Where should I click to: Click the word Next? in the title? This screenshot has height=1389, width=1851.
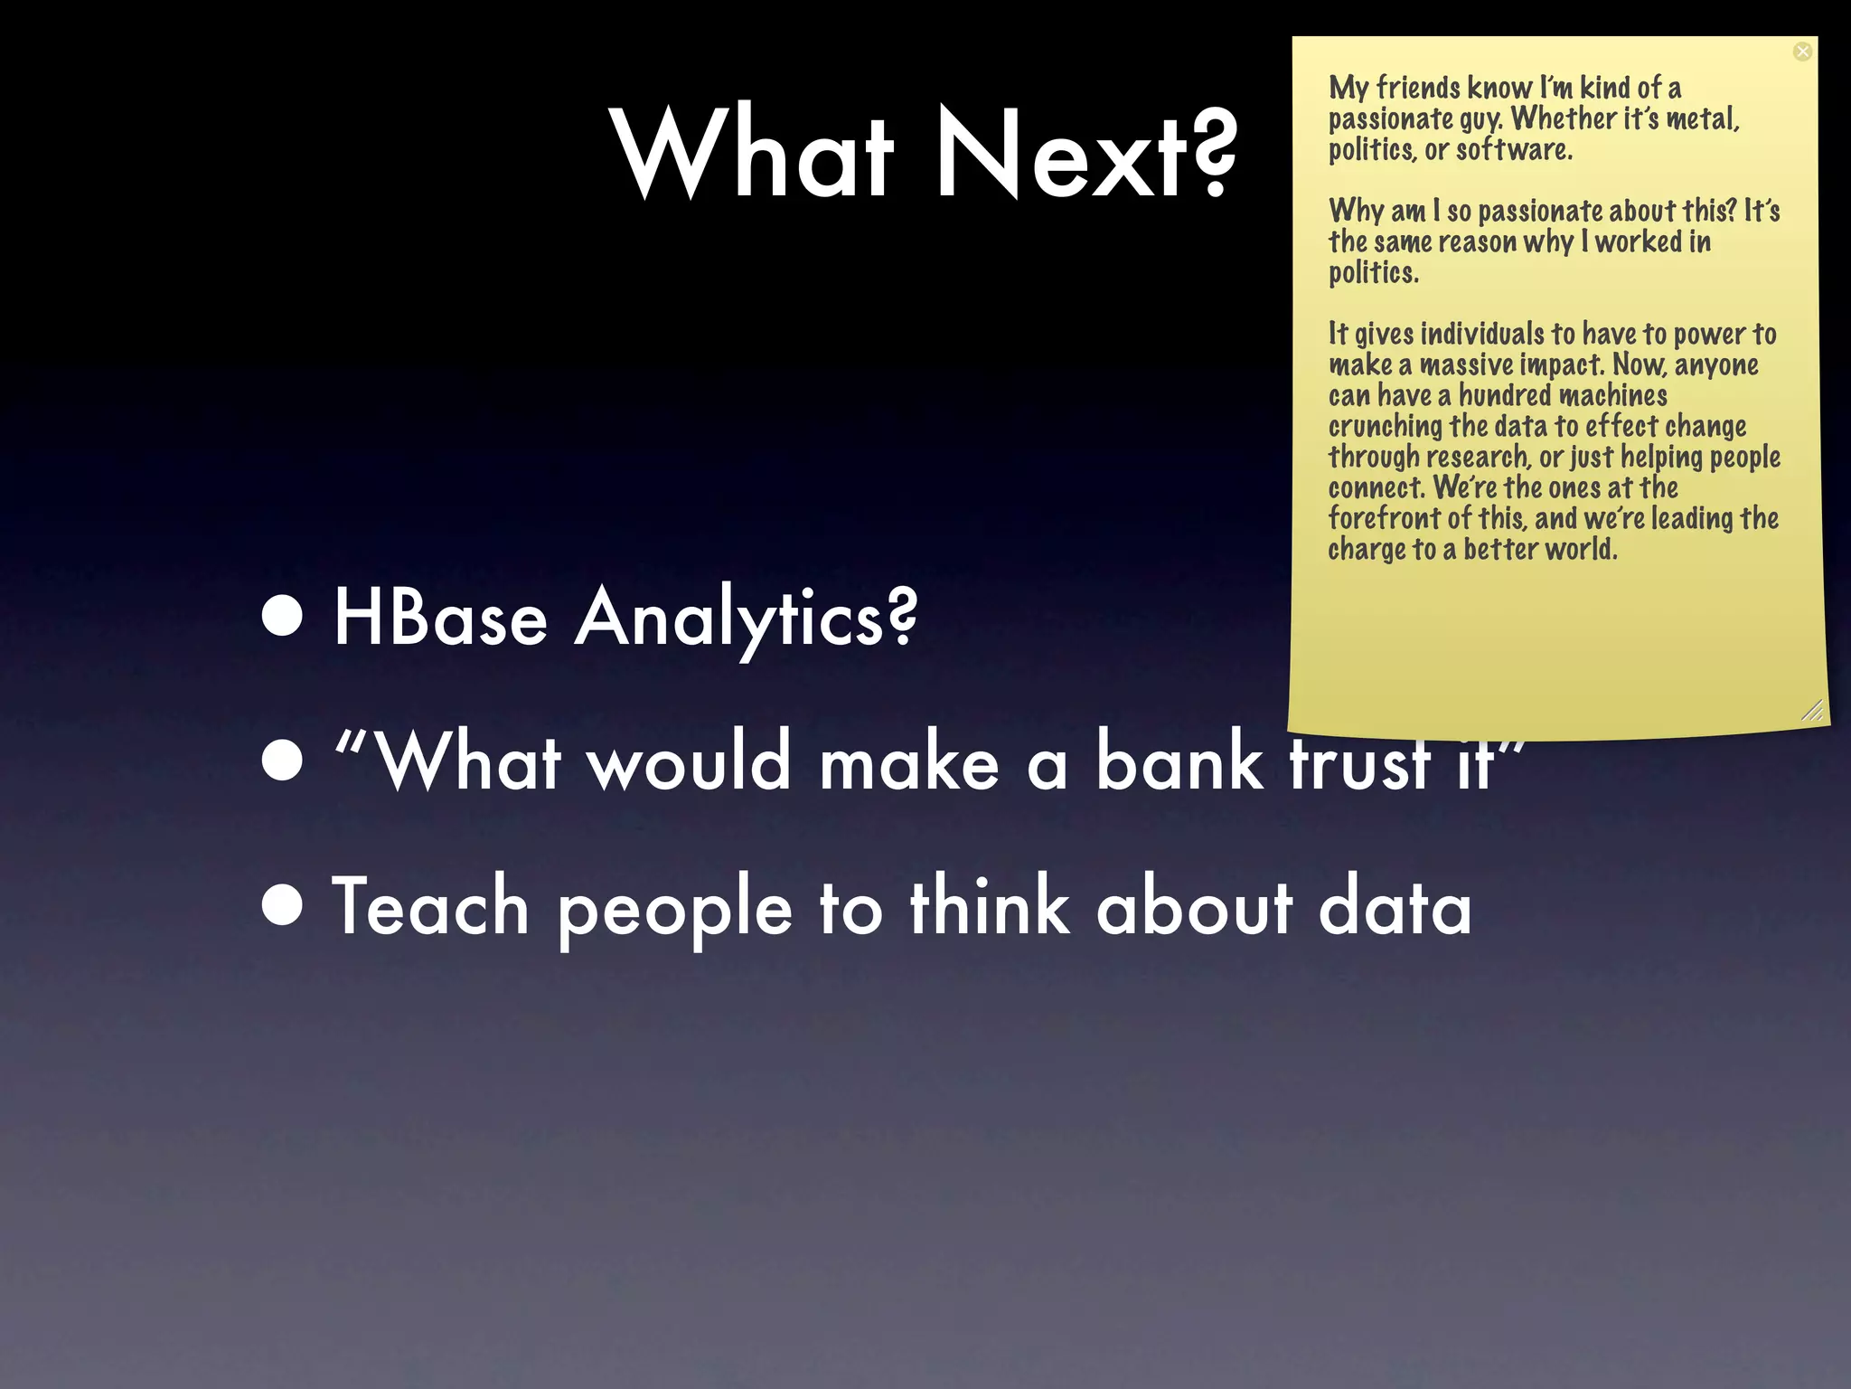tap(1085, 154)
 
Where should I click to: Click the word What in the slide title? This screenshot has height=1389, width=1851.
tap(755, 154)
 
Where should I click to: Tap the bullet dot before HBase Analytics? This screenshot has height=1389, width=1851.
tap(283, 617)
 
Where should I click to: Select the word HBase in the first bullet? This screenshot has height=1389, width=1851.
tap(440, 619)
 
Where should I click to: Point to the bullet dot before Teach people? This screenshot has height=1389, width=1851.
tap(283, 907)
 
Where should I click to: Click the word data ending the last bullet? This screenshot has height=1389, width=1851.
tap(1395, 907)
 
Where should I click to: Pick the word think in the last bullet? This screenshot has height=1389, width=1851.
tap(991, 907)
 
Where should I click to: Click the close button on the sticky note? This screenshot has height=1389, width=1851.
tap(1802, 52)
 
